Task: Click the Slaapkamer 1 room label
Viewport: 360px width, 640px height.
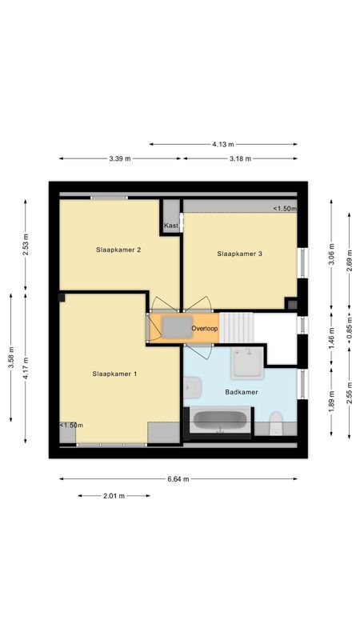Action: tap(115, 374)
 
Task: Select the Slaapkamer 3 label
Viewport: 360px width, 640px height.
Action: tap(240, 254)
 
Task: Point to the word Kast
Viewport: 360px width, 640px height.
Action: tap(170, 226)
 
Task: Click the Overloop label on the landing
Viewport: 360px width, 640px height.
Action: tap(205, 329)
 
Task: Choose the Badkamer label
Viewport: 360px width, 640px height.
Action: tap(240, 391)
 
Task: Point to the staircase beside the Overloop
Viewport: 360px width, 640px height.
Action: tap(237, 326)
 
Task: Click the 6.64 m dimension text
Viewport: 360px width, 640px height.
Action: tap(178, 479)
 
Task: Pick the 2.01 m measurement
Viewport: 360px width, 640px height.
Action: tap(114, 496)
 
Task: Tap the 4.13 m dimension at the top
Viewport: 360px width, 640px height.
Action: tap(223, 144)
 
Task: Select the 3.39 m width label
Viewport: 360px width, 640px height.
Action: tap(120, 158)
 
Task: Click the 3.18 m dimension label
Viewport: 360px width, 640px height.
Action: tap(240, 158)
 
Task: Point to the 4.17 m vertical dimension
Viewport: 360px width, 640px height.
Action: tap(26, 367)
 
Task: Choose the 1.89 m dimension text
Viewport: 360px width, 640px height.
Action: tap(332, 398)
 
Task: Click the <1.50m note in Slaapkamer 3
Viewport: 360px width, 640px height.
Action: tap(284, 209)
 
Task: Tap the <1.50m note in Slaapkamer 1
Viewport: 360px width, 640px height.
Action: tap(71, 425)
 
